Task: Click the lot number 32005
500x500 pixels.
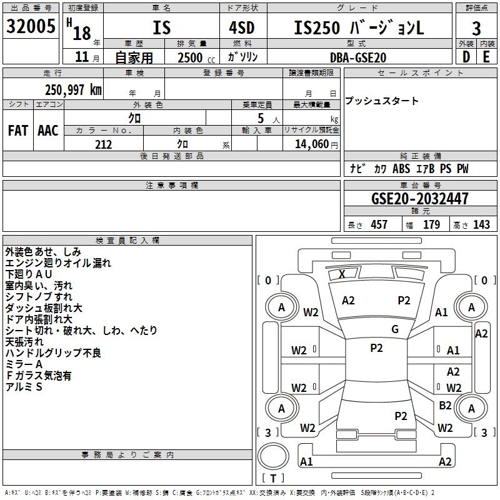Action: pyautogui.click(x=31, y=26)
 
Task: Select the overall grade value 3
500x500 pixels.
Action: pyautogui.click(x=476, y=29)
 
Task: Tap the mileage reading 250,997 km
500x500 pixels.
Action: pyautogui.click(x=73, y=90)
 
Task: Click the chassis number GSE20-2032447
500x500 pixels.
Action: pyautogui.click(x=420, y=199)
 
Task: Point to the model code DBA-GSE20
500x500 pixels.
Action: pyautogui.click(x=358, y=57)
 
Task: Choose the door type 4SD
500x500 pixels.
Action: pyautogui.click(x=242, y=27)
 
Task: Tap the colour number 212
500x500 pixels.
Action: pyautogui.click(x=103, y=144)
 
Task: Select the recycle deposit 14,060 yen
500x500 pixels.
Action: pyautogui.click(x=316, y=144)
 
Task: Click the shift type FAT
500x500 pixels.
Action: pyautogui.click(x=18, y=131)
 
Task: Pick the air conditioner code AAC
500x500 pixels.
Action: pyautogui.click(x=48, y=131)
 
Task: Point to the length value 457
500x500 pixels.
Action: pyautogui.click(x=379, y=224)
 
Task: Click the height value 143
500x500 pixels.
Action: pyautogui.click(x=481, y=224)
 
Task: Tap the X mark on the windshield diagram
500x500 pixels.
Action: pyautogui.click(x=342, y=274)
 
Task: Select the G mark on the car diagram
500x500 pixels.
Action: pyautogui.click(x=395, y=329)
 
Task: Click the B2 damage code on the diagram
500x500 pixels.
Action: pyautogui.click(x=445, y=405)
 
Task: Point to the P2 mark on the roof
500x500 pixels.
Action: pyautogui.click(x=377, y=348)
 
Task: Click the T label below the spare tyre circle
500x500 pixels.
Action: pyautogui.click(x=273, y=478)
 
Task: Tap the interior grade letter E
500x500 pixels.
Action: pyautogui.click(x=486, y=57)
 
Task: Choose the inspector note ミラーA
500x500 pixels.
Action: pyautogui.click(x=24, y=364)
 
